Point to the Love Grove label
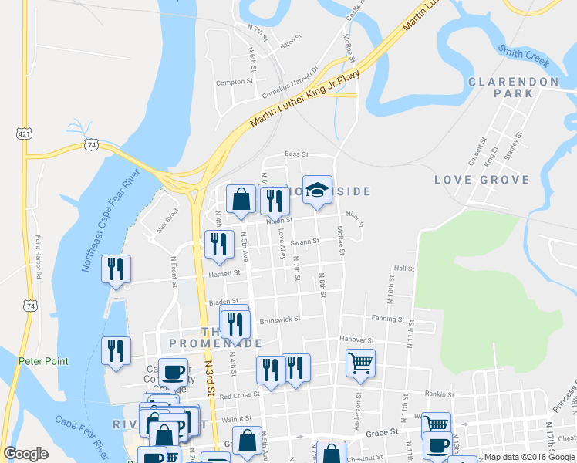481,180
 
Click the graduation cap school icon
316,192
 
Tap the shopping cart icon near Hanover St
360,363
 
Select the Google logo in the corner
25,454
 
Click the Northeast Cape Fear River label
107,221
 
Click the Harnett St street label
224,272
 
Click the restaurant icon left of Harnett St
116,269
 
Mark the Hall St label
404,269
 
